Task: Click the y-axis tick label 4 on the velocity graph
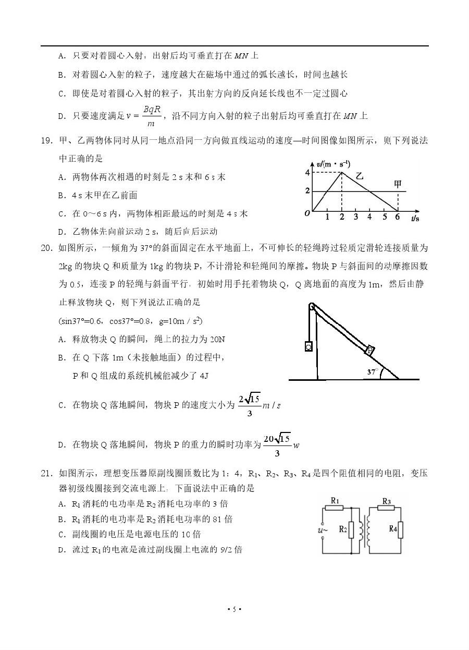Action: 308,173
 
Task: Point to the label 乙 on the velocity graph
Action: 359,176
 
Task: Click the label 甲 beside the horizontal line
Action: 398,184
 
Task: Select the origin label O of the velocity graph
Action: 307,213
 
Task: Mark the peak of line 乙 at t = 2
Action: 341,172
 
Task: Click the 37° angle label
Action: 372,372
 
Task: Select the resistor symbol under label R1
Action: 334,508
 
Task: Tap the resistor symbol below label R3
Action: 386,508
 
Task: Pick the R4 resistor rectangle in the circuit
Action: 401,529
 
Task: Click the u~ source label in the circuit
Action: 323,531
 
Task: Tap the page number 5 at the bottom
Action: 234,609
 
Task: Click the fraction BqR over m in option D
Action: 152,116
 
